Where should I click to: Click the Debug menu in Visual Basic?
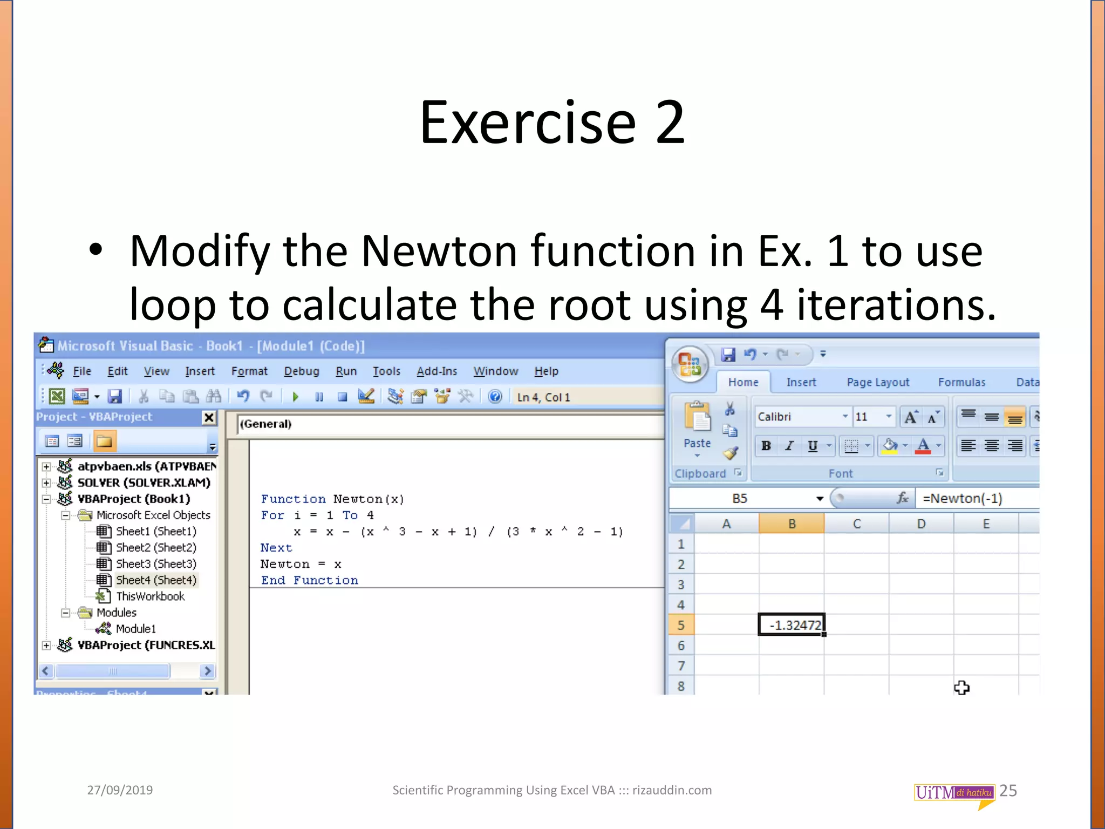point(301,371)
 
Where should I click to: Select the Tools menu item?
point(386,371)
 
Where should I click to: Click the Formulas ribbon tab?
point(961,382)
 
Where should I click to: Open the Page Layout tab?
point(878,382)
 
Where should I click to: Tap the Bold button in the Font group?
point(766,446)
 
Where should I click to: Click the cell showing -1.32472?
point(792,625)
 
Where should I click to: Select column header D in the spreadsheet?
point(921,524)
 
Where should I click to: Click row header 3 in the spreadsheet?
point(681,585)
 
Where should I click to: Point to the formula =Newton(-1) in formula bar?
point(962,498)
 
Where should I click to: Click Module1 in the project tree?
point(135,629)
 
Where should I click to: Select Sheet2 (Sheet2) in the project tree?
point(156,547)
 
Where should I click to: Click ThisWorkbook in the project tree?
point(150,596)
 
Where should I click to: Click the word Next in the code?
point(276,548)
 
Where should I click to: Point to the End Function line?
point(309,580)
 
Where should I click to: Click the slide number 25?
point(1008,791)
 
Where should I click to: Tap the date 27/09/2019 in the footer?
point(120,790)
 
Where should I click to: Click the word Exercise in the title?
point(528,123)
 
